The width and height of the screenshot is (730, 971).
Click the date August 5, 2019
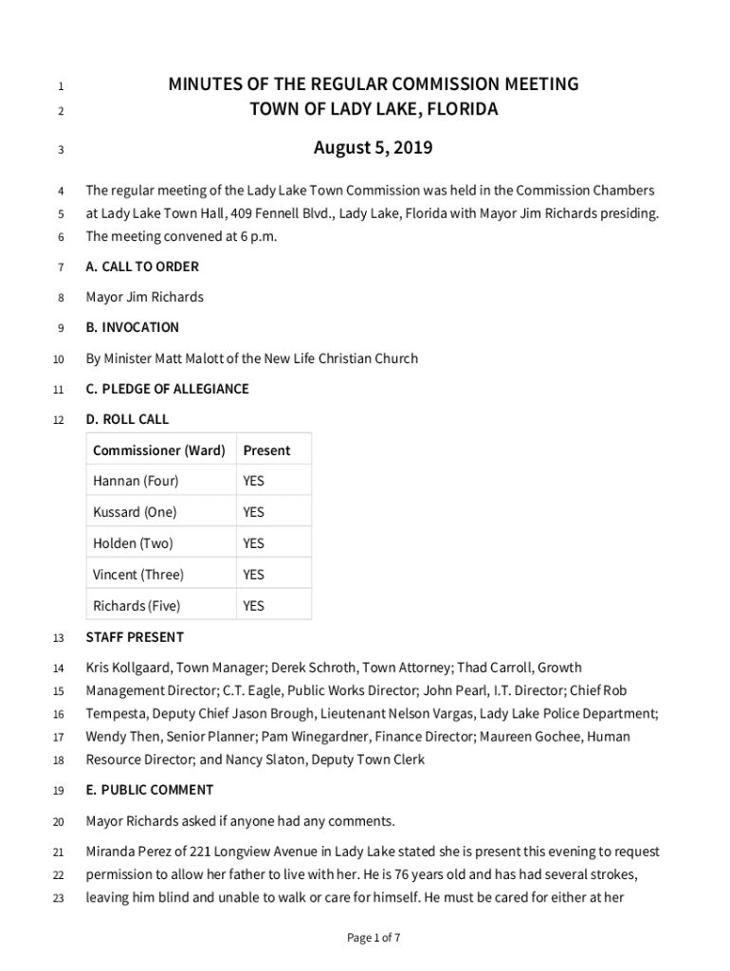point(373,148)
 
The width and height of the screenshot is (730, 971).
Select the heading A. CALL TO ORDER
point(142,266)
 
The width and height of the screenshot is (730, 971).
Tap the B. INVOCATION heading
point(132,327)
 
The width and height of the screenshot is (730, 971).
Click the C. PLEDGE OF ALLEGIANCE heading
point(167,389)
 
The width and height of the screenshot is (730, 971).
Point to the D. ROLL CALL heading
point(127,419)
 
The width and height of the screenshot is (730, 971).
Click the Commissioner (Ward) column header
point(158,450)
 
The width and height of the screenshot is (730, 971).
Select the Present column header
point(266,450)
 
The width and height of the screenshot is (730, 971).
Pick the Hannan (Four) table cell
point(136,481)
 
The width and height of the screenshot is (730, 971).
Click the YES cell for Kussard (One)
point(253,512)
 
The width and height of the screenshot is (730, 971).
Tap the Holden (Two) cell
point(133,543)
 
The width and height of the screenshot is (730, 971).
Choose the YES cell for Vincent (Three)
point(253,575)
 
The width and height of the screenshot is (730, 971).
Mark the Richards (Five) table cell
point(137,606)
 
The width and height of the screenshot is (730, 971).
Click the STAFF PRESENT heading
point(135,637)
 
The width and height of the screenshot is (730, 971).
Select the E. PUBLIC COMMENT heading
point(149,790)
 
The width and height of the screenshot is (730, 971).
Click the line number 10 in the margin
point(59,359)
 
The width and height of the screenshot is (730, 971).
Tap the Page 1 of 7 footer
point(374,938)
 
